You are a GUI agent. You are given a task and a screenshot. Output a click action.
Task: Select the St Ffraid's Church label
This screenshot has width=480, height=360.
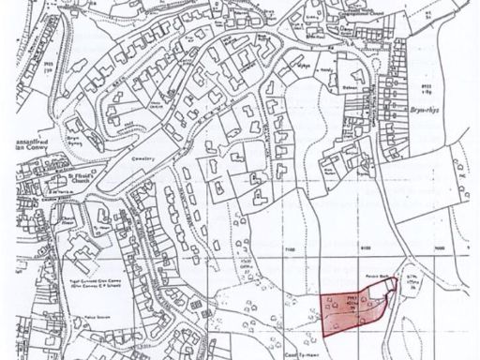85,178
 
